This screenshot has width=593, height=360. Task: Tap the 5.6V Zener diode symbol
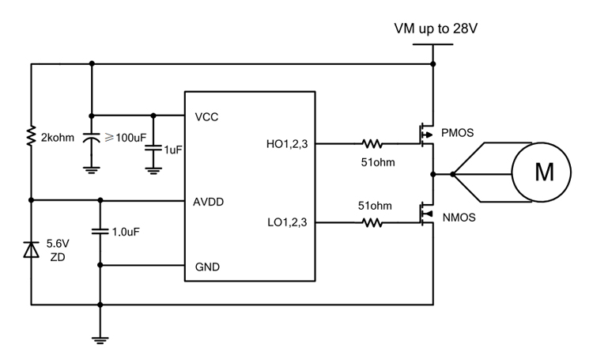click(31, 251)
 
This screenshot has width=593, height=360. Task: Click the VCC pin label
click(206, 116)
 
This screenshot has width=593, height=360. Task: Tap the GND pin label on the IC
click(207, 267)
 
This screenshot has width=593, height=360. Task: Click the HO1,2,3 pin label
click(287, 144)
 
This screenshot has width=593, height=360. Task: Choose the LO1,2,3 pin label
click(287, 224)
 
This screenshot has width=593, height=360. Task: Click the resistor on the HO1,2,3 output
click(372, 145)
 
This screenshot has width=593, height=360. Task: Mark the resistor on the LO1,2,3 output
click(372, 224)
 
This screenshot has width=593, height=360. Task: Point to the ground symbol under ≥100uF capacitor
click(92, 167)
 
